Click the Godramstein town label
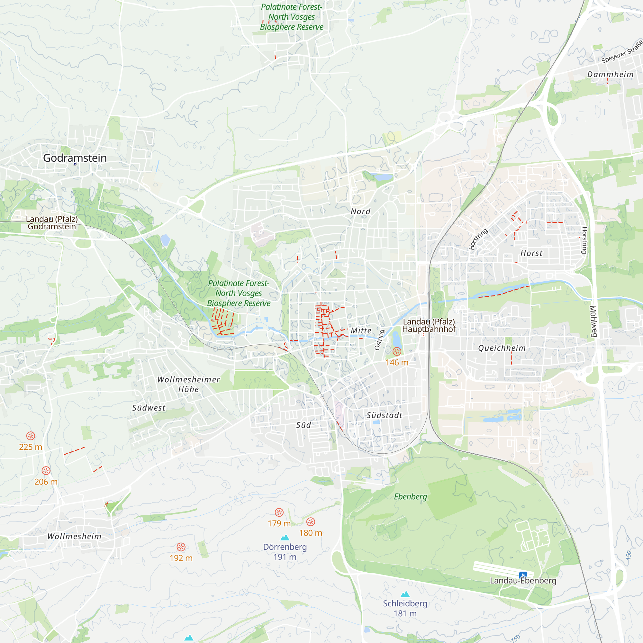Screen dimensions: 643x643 click(x=75, y=158)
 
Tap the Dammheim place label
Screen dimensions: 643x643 click(x=610, y=74)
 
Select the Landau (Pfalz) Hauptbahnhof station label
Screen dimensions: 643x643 click(x=429, y=325)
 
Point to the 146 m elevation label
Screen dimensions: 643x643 click(x=397, y=362)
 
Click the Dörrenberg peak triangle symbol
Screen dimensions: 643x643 click(x=285, y=538)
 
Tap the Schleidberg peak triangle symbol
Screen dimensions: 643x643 click(x=405, y=594)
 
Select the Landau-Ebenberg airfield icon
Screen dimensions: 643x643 click(x=523, y=575)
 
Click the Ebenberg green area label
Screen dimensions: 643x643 click(x=410, y=497)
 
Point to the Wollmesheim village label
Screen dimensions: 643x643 click(x=74, y=537)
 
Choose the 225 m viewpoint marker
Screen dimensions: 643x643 click(x=31, y=436)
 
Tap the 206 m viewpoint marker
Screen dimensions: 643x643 click(x=46, y=471)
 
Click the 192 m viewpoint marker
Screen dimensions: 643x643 click(x=181, y=547)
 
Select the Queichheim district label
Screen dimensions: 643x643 click(x=502, y=348)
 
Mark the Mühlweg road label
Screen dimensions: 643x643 click(x=593, y=321)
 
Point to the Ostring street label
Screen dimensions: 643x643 click(x=379, y=340)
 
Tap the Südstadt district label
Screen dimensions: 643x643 click(x=385, y=415)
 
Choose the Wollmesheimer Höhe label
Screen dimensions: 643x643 click(x=188, y=385)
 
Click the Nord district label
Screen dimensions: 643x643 click(x=360, y=211)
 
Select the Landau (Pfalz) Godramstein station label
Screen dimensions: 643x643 click(x=52, y=223)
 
